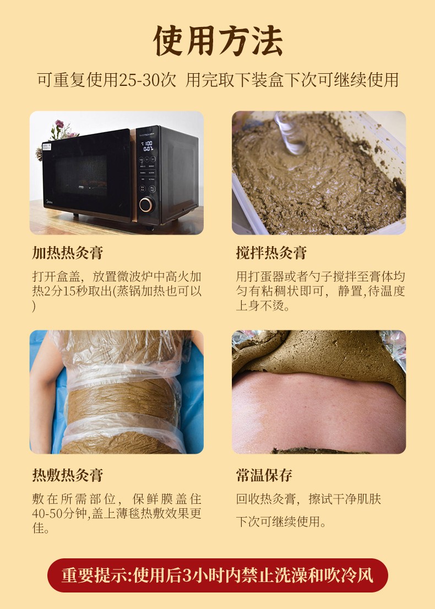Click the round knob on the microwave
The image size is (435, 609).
coord(146,204)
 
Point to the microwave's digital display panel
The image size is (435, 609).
coord(148,146)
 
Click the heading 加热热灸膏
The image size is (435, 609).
coord(67,253)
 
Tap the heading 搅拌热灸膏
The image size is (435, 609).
coord(271,253)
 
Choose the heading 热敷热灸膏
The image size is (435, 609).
coord(67,475)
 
